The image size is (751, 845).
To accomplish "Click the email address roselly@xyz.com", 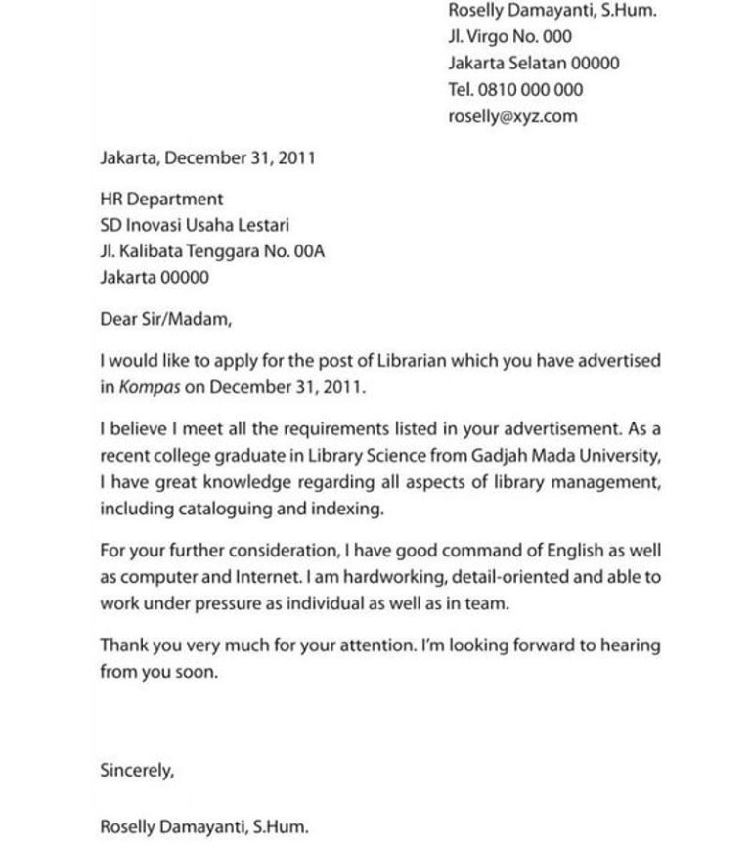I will click(x=512, y=116).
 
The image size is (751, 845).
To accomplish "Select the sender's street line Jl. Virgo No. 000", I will click(x=509, y=37).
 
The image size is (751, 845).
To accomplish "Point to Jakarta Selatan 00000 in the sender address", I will click(x=534, y=64).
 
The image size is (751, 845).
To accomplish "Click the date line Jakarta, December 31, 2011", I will click(x=207, y=157).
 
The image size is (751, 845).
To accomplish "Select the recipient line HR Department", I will click(x=161, y=199).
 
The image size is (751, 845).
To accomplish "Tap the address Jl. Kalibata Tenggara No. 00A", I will click(x=212, y=251).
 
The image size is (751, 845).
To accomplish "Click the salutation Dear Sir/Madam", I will click(x=166, y=319).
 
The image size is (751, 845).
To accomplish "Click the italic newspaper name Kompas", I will click(x=150, y=386).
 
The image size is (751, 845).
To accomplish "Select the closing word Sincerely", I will click(x=137, y=770).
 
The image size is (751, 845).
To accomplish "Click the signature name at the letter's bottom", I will click(x=203, y=826).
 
